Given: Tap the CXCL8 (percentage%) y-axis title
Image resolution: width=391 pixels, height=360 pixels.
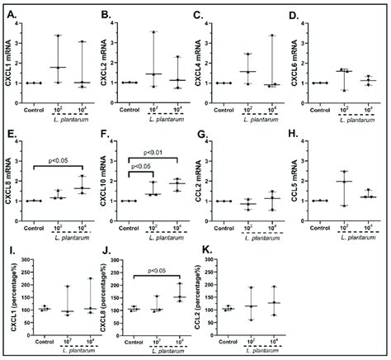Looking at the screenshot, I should pos(105,301).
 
